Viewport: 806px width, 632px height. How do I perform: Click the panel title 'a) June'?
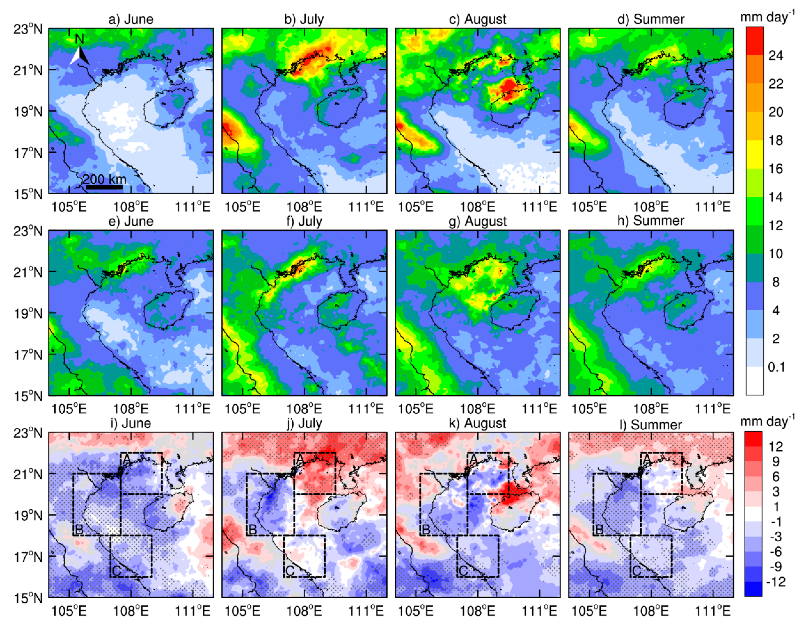(131, 19)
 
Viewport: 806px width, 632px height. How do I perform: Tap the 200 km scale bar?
(104, 187)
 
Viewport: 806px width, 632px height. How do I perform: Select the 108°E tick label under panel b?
(304, 207)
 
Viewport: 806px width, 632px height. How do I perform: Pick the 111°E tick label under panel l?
(713, 611)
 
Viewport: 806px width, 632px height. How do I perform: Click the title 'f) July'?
(304, 221)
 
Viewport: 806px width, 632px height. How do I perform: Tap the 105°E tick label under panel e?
(69, 409)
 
